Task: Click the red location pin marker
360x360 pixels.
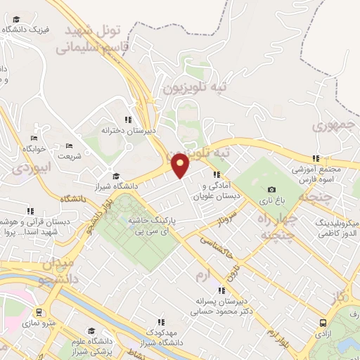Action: coord(181,166)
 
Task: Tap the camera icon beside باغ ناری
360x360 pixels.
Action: coord(272,189)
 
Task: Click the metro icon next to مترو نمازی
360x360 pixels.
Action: coord(39,311)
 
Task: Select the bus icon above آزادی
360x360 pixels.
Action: coord(323,323)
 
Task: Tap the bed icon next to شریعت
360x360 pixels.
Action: coord(69,146)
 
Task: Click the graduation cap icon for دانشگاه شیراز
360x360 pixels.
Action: coord(116,176)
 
